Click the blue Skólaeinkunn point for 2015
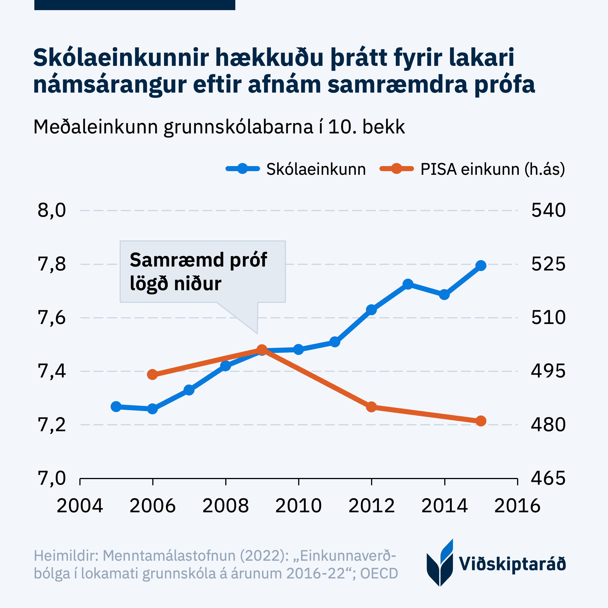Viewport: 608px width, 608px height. click(480, 266)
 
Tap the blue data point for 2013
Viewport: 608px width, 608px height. click(408, 285)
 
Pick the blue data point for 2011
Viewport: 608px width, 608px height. click(335, 342)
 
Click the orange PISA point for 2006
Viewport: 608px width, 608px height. click(152, 374)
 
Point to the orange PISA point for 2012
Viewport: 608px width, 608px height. click(371, 407)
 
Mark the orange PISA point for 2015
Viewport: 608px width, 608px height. click(480, 421)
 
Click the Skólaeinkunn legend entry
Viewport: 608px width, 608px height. click(316, 169)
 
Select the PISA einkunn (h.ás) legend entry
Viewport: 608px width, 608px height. click(492, 169)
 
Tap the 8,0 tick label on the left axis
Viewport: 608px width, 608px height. click(52, 210)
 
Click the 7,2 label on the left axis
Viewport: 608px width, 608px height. click(52, 425)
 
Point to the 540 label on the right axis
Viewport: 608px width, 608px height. click(548, 210)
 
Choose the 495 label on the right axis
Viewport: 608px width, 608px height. click(548, 371)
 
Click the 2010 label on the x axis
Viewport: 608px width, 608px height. click(298, 506)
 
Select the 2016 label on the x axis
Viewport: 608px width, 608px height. click(517, 506)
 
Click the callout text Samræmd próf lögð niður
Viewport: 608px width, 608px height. click(198, 272)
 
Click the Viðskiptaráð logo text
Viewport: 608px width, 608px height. click(512, 564)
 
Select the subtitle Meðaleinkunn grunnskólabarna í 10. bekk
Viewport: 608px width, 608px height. click(219, 127)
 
